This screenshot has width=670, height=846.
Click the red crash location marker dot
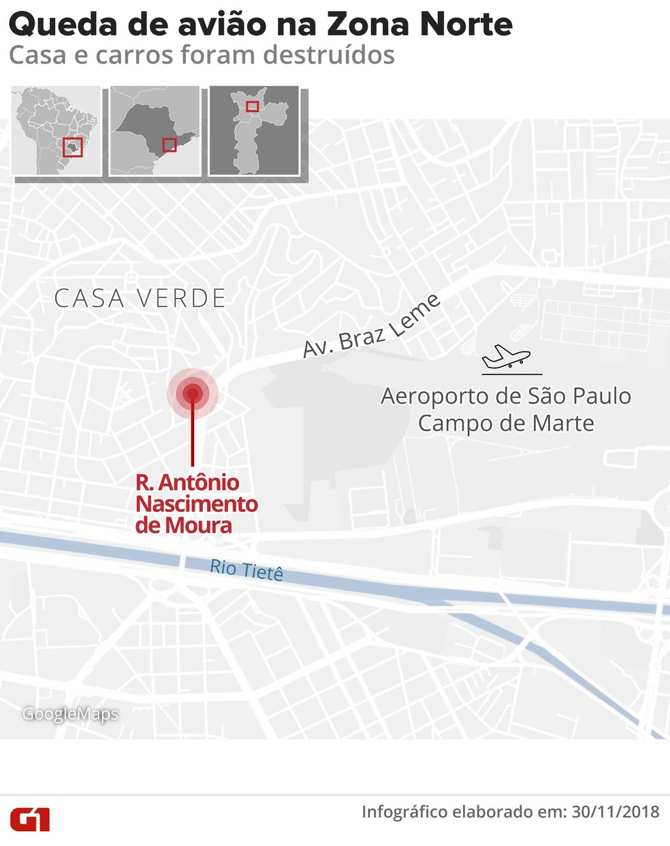192,393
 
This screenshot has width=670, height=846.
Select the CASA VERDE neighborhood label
140,299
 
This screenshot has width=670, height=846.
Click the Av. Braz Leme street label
371,327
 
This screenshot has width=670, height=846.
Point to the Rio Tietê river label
246,570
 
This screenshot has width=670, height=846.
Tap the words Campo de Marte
506,423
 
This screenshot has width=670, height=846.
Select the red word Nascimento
196,504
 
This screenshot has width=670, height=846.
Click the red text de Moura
183,525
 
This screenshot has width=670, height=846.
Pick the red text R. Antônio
187,483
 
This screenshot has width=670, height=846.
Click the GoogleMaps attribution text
70,714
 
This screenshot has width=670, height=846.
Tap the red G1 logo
30,819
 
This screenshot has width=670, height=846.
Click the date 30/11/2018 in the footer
615,812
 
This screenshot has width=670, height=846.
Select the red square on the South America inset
73,147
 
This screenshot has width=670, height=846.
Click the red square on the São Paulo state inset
170,144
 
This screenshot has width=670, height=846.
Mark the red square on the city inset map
252,106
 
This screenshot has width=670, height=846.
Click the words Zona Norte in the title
419,25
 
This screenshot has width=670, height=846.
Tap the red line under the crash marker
193,436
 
